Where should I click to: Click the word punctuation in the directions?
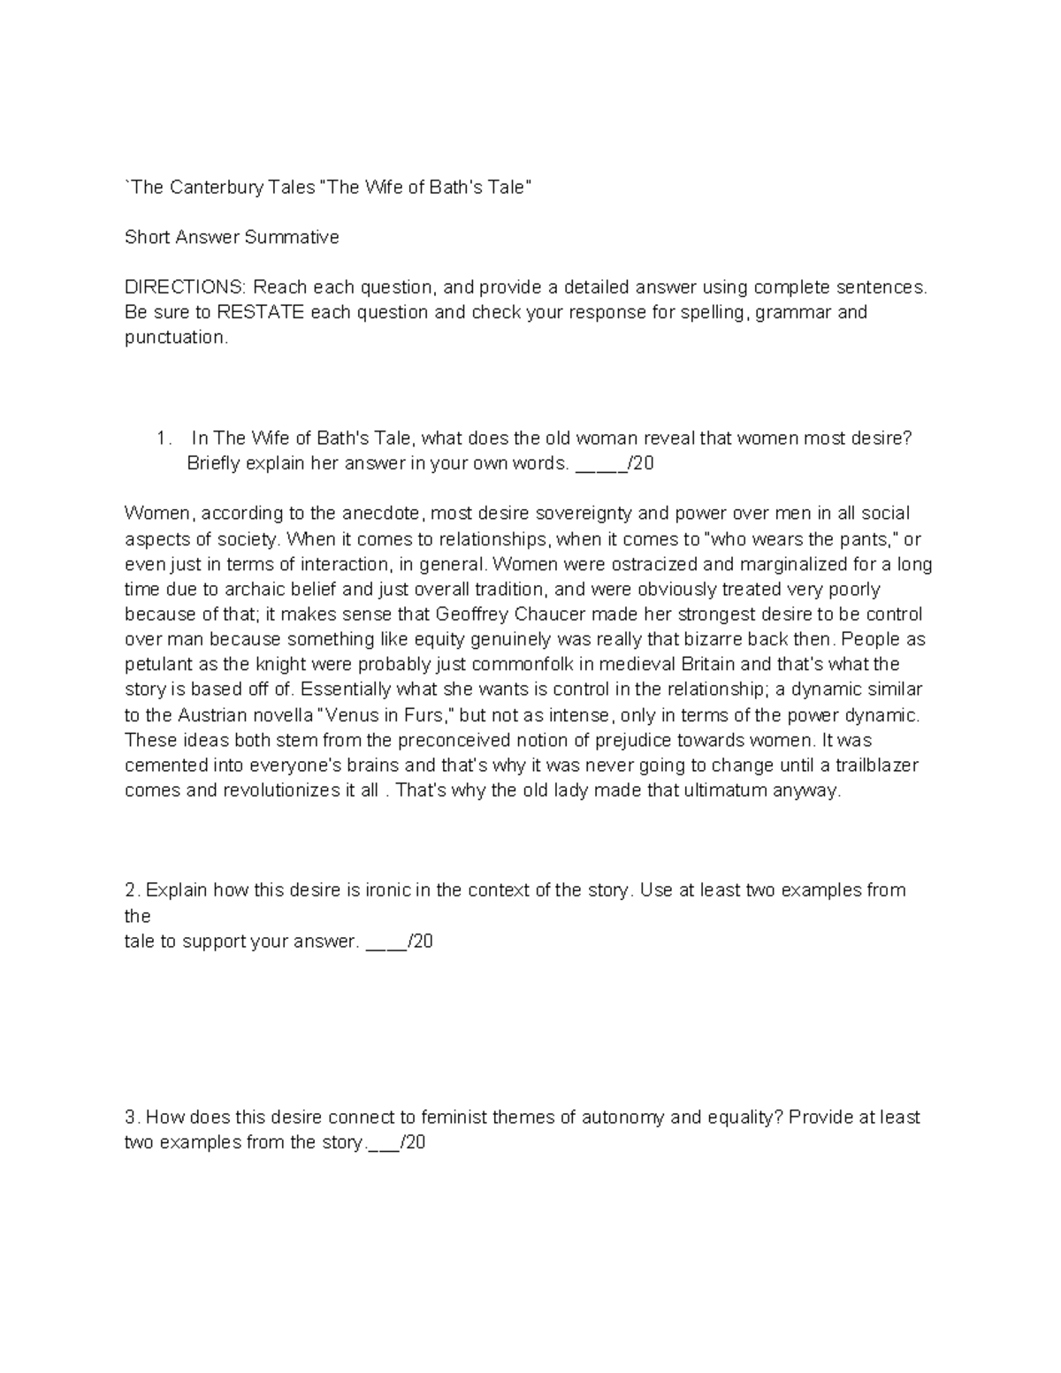[176, 337]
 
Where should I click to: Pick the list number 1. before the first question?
[163, 439]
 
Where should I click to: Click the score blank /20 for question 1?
[614, 463]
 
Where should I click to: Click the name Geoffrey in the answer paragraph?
[469, 614]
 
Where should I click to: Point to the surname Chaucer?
[538, 614]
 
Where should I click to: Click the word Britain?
[706, 664]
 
